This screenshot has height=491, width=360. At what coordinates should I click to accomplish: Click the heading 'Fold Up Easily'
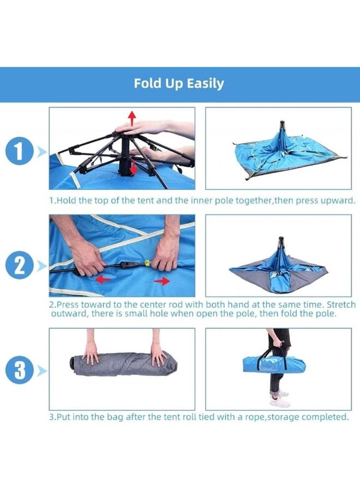[x=179, y=84]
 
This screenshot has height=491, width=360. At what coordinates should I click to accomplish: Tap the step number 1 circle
[x=20, y=152]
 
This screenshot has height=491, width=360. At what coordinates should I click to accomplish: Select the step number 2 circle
[x=20, y=266]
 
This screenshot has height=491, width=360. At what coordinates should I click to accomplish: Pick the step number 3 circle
[x=20, y=371]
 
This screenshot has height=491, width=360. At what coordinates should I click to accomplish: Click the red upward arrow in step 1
[x=131, y=116]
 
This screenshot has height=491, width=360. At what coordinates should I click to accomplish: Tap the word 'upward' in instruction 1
[x=337, y=200]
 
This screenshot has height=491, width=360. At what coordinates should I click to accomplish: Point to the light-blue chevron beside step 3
[x=41, y=371]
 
